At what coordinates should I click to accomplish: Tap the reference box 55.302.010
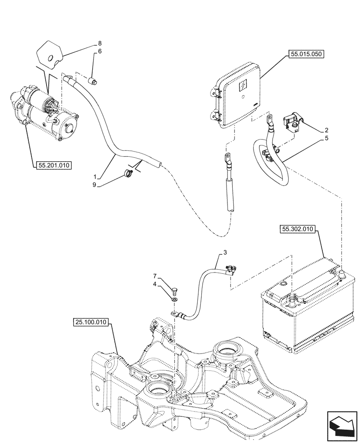(297, 229)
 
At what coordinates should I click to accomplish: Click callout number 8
(100, 43)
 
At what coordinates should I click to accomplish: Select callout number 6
(100, 51)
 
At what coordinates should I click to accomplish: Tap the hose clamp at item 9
(129, 173)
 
